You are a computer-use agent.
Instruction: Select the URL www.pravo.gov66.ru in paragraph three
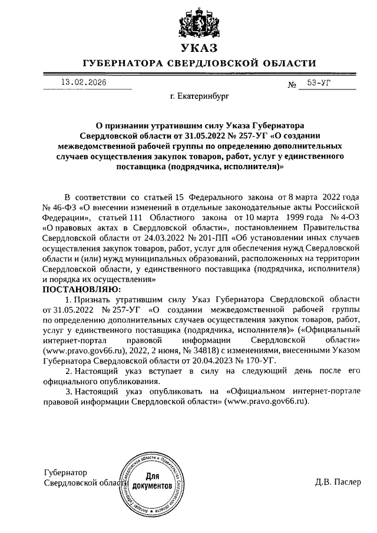pos(270,400)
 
